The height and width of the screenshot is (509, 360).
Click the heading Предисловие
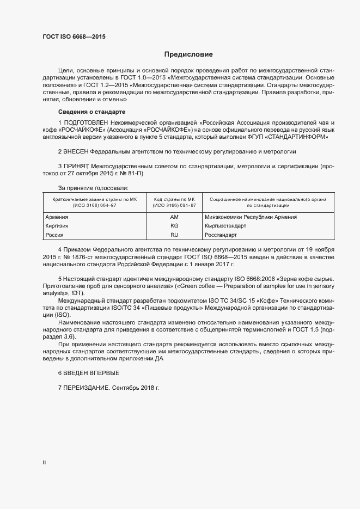(x=188, y=54)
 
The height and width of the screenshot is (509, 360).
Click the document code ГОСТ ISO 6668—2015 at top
(x=74, y=37)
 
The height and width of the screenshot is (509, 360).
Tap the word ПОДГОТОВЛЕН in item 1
(x=85, y=123)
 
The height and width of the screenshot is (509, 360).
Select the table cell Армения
(x=57, y=217)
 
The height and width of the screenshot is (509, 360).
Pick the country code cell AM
(x=174, y=217)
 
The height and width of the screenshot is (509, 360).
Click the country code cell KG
(x=174, y=225)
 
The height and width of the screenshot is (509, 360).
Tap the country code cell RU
(x=174, y=235)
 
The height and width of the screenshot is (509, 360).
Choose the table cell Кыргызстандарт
(x=226, y=225)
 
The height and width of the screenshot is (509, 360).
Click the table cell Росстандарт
(x=221, y=235)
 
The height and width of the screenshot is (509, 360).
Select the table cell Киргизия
(x=57, y=225)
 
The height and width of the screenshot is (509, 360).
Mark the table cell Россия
(x=54, y=235)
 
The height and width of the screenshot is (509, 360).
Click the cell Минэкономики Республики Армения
(x=251, y=217)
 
